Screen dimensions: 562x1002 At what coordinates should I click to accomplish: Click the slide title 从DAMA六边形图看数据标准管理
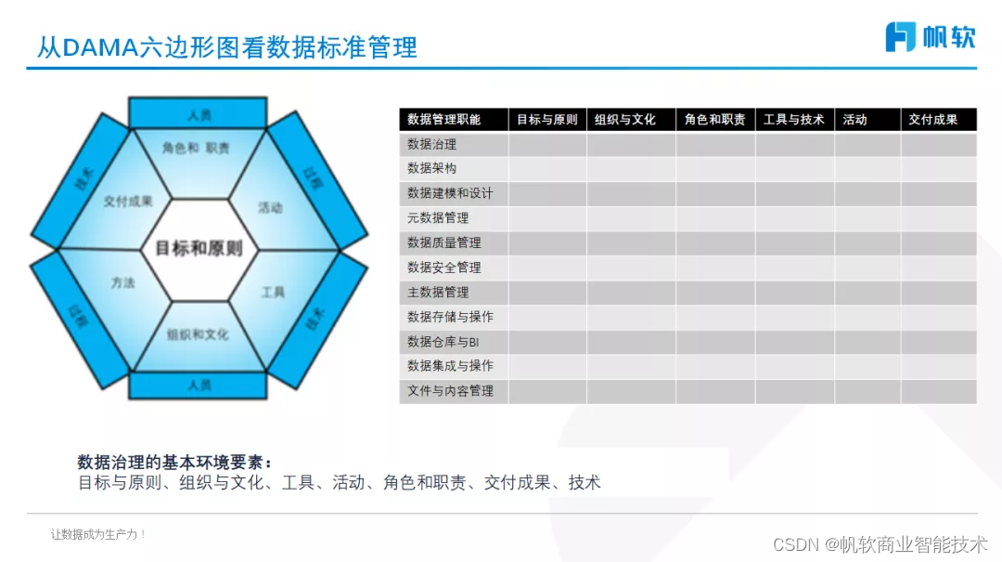tap(227, 46)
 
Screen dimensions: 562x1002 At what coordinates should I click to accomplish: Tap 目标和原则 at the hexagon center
tap(199, 248)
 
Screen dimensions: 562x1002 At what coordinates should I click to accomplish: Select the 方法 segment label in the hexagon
tap(123, 282)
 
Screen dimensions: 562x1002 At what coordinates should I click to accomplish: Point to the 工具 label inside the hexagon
tap(273, 292)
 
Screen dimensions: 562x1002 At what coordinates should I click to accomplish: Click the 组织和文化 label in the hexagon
tap(198, 334)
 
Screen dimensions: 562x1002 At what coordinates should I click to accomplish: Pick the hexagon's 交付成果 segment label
tap(128, 202)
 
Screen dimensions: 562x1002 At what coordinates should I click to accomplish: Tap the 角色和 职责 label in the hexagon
tap(196, 148)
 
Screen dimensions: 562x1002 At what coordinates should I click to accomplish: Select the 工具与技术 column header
tap(794, 120)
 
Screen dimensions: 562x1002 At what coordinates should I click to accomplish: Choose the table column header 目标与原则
tap(547, 120)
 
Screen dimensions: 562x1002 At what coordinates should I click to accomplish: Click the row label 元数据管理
tap(438, 218)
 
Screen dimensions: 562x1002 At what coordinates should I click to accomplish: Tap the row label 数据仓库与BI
tap(443, 342)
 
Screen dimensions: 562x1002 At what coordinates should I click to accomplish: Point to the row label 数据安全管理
tap(444, 268)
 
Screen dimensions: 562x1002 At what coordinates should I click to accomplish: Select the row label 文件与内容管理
tap(450, 391)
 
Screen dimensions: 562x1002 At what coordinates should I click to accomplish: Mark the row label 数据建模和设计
tap(450, 193)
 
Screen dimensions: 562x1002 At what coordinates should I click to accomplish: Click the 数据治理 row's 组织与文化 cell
tap(631, 145)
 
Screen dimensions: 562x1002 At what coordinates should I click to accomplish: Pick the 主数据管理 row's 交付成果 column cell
tap(938, 293)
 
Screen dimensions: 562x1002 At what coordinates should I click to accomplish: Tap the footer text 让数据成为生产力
tap(97, 534)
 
